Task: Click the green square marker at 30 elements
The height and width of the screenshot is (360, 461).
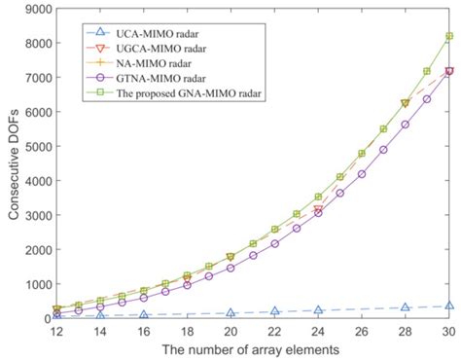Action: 449,37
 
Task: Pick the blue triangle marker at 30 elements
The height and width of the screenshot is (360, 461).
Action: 449,306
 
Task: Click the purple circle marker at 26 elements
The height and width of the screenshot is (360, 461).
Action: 362,174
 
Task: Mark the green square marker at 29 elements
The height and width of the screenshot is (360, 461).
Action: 427,72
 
